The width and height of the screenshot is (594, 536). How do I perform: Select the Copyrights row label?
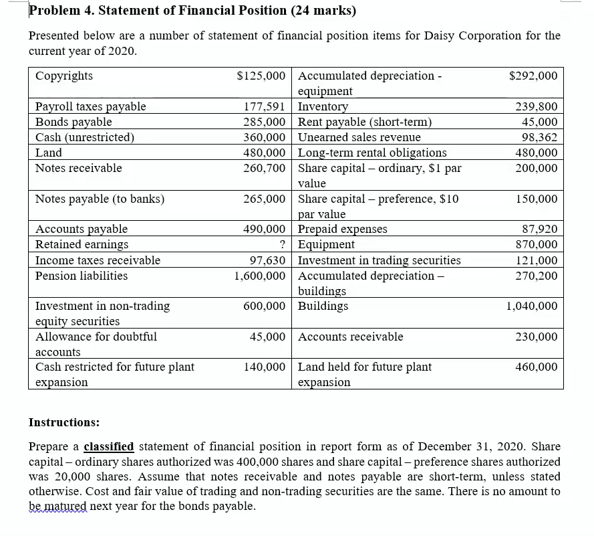64,76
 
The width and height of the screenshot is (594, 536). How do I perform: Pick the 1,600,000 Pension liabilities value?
260,276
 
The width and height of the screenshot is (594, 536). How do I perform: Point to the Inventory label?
323,106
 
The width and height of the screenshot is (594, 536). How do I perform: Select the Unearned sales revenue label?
359,137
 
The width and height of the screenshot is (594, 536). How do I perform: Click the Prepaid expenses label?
342,230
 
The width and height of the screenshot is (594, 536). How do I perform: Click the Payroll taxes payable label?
90,106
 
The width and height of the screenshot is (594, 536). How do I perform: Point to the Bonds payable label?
73,122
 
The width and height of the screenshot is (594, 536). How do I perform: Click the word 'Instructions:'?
64,422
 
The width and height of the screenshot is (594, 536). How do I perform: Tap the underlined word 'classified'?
108,446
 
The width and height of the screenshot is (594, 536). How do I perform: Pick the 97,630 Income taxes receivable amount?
268,260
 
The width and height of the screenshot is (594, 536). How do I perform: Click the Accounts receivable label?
350,337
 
